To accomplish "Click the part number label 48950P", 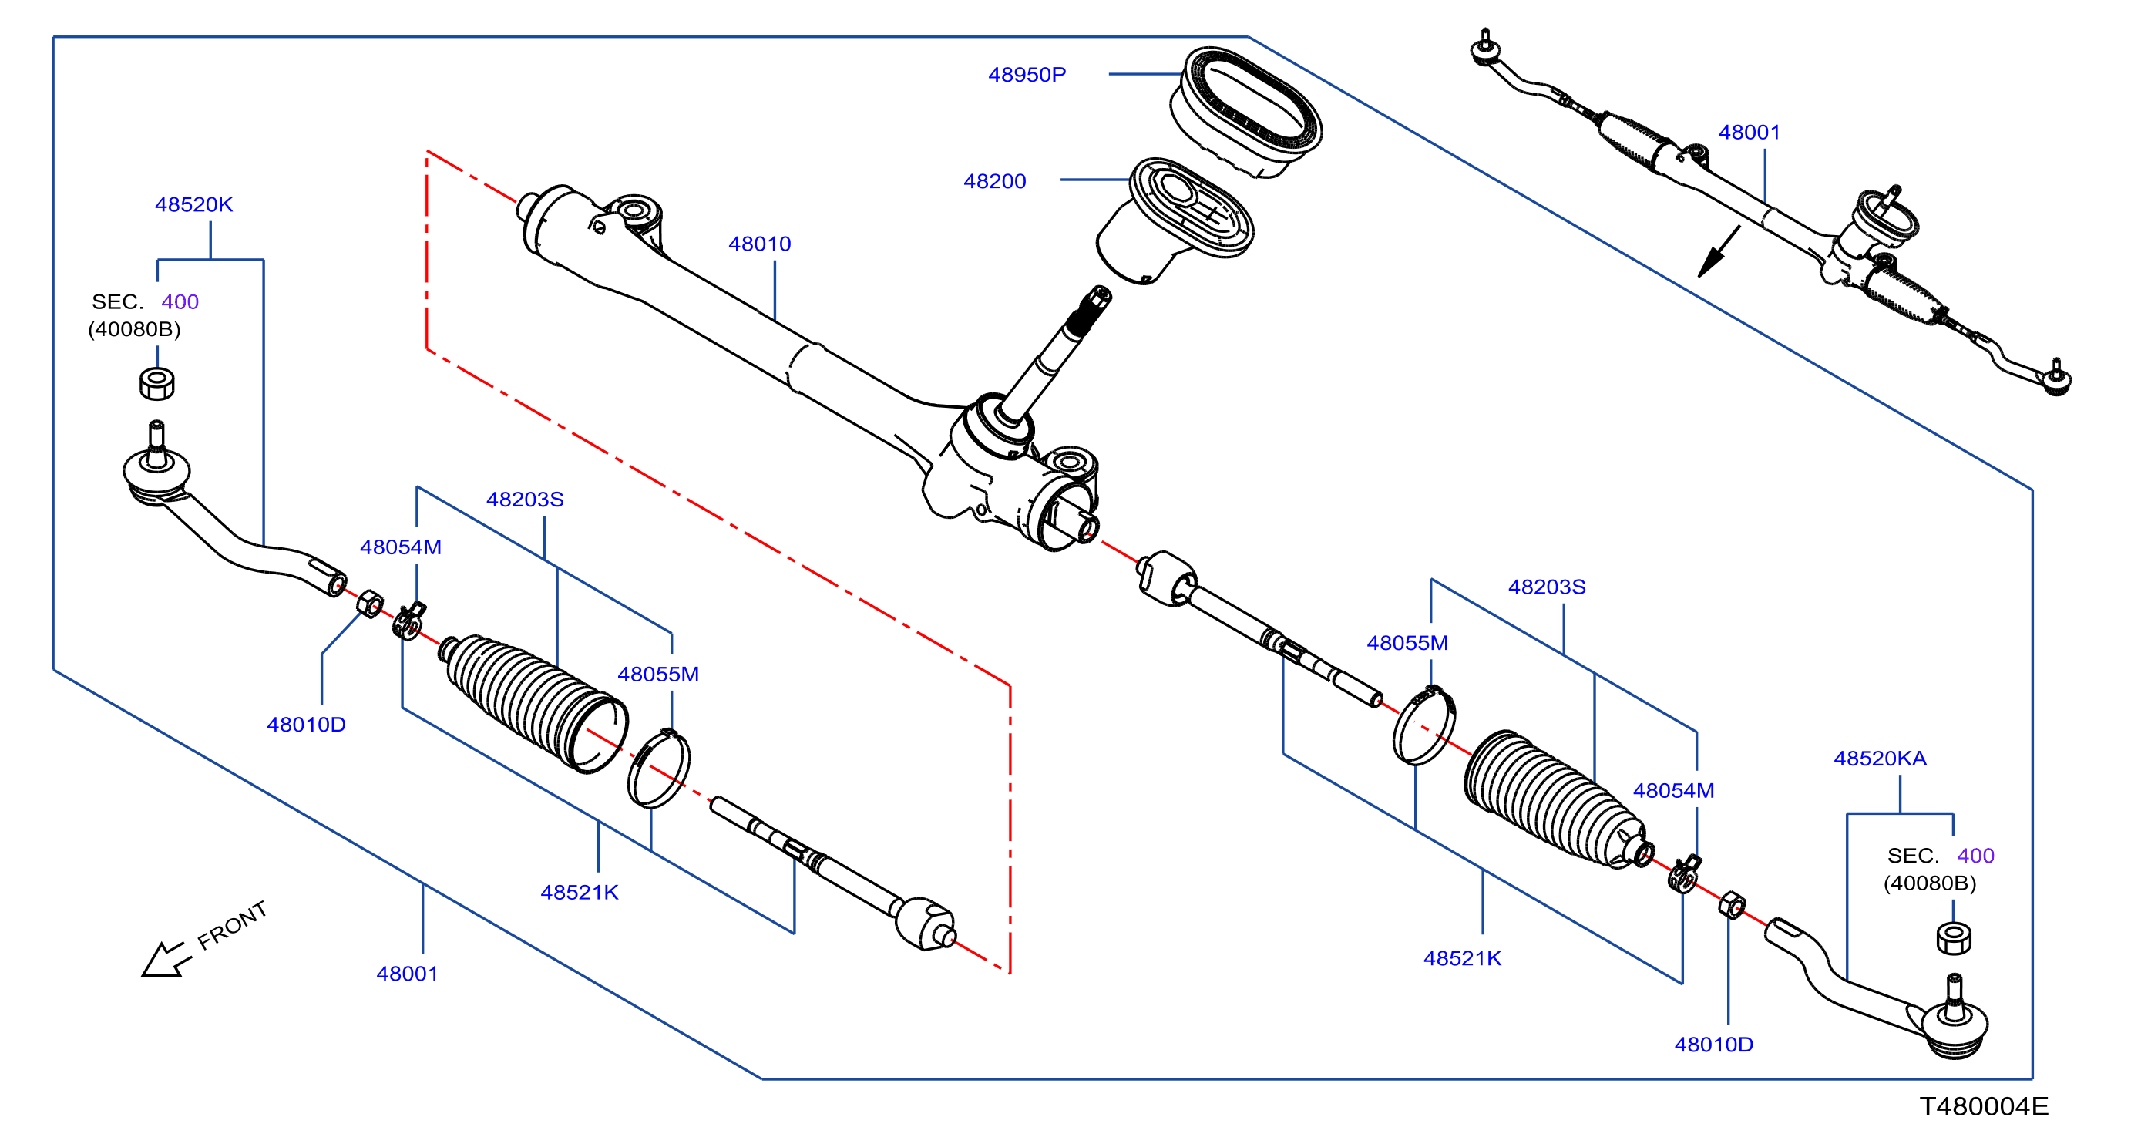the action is [1027, 75].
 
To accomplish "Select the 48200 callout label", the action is [994, 181].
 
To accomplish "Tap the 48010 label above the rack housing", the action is [759, 244].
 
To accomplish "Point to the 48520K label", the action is [193, 204].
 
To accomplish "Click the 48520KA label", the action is [1880, 759].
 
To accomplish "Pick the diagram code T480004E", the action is [1984, 1106].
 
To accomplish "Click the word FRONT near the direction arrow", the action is [233, 925].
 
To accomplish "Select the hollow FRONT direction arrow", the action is [166, 960].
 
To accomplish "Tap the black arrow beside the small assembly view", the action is [1718, 252].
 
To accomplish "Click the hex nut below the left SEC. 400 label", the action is [156, 384].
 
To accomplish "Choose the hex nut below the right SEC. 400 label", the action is [1953, 938].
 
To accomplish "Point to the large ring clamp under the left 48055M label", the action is [658, 768].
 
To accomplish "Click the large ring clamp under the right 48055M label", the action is [1423, 725].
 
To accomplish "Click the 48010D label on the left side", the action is [306, 725].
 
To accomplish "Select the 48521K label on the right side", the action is [1462, 958].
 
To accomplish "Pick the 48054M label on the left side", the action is [401, 547].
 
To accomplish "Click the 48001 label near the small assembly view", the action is [1749, 133].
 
